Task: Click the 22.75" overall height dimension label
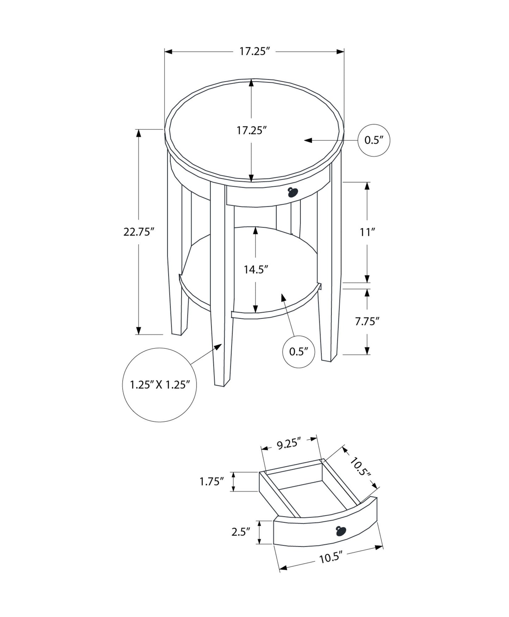click(139, 232)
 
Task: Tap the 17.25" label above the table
click(254, 52)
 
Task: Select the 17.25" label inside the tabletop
click(251, 131)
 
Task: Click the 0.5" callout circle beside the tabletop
click(374, 140)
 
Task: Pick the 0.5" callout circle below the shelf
click(299, 351)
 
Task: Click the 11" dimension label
click(367, 232)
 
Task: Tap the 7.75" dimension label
click(367, 321)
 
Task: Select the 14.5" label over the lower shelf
click(256, 269)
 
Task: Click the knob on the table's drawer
click(292, 192)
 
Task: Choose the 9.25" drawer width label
click(288, 444)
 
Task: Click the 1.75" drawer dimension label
click(212, 482)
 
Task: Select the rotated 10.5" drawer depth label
click(360, 466)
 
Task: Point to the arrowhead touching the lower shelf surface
click(283, 297)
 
